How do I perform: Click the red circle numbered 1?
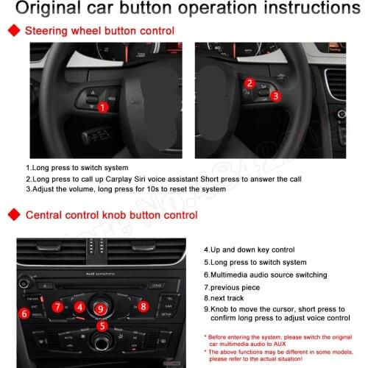[x=104, y=107]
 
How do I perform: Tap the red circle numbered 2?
[x=250, y=84]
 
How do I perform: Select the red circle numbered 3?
[x=275, y=96]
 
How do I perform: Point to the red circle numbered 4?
[x=79, y=306]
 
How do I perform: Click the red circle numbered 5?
[x=102, y=325]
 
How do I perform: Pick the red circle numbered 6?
[x=25, y=314]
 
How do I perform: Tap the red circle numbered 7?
[x=57, y=306]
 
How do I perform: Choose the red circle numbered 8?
[x=144, y=305]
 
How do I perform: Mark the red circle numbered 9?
[x=101, y=308]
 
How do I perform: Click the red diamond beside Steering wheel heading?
[x=12, y=32]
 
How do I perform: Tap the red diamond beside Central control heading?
[x=12, y=215]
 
